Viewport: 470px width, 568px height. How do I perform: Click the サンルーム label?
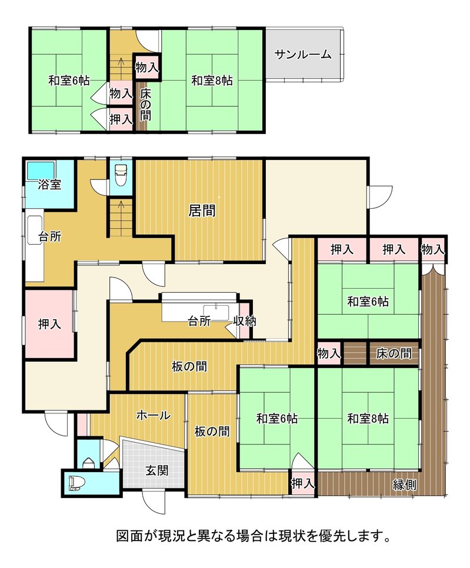303,55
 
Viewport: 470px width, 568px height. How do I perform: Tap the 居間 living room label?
202,211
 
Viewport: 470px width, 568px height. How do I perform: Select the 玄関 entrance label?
157,470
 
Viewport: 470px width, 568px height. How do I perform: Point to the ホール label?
154,415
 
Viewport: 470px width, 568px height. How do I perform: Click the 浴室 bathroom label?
49,185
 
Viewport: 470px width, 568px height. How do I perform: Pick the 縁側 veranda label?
404,485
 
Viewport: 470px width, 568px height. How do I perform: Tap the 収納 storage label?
245,321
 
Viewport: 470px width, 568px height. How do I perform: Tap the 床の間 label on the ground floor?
394,353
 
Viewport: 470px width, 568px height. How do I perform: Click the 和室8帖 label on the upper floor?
212,81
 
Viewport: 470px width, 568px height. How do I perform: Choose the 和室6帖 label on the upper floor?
69,81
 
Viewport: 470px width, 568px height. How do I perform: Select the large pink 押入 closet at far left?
49,324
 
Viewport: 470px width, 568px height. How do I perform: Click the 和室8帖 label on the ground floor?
368,419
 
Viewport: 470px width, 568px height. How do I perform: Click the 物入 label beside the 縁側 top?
433,249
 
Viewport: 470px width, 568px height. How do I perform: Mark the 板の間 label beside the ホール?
212,431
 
